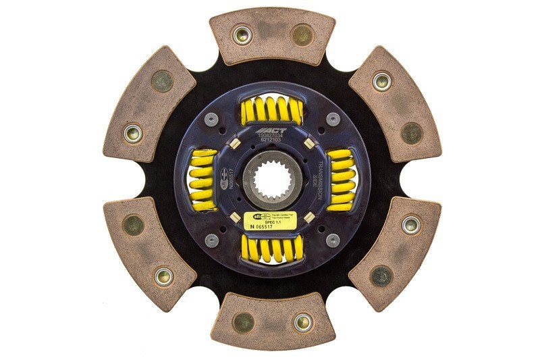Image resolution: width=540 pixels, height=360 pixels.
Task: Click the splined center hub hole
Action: pyautogui.click(x=270, y=180)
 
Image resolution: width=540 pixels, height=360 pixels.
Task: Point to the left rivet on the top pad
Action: pyautogui.click(x=242, y=34)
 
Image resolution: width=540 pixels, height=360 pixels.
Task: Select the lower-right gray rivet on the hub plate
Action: pyautogui.click(x=331, y=240)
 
